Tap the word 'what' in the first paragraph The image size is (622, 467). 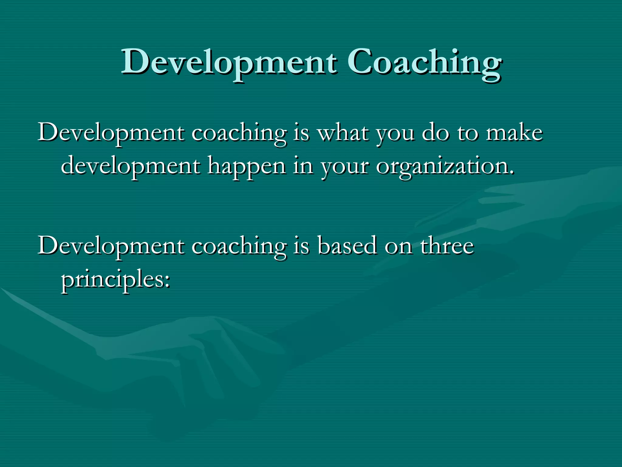tap(343, 133)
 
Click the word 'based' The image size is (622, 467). tap(347, 246)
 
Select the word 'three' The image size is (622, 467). tap(447, 246)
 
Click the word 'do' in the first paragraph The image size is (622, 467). tap(436, 133)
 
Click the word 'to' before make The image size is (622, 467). tap(468, 133)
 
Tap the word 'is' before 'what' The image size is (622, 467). tap(301, 133)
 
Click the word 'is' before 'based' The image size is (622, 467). tap(301, 246)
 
